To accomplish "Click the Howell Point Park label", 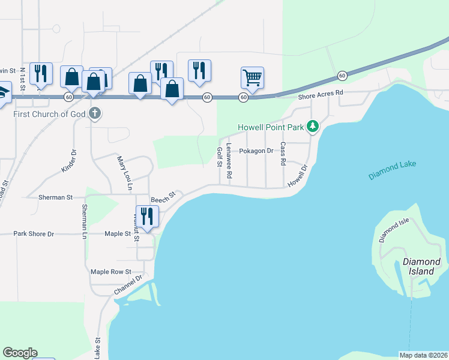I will click(271, 127).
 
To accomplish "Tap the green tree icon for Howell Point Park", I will click(312, 127).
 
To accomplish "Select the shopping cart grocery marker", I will click(253, 77).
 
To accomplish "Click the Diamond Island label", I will click(421, 267).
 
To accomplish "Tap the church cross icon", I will click(95, 113).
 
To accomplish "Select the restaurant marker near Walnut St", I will click(146, 216).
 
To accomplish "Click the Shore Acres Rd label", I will click(321, 94).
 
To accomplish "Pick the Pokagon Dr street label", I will click(256, 151).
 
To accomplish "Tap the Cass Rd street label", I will click(282, 154).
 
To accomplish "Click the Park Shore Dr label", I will click(34, 234).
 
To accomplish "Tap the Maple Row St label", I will click(111, 272).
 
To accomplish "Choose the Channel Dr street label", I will click(128, 285).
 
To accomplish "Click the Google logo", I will click(20, 353).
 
